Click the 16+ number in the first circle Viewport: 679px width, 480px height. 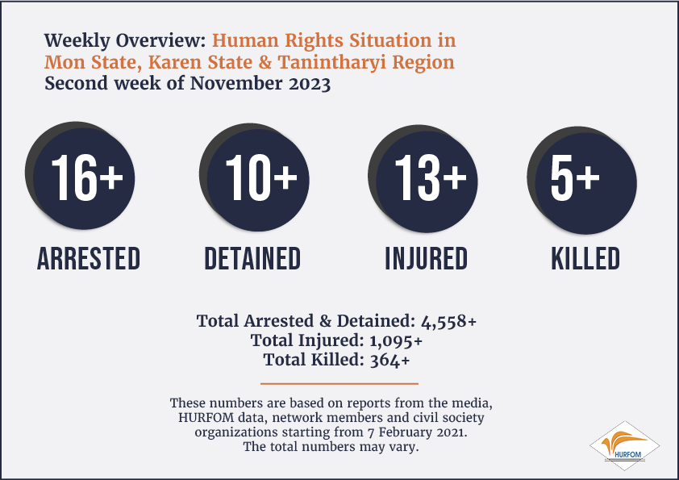pyautogui.click(x=87, y=177)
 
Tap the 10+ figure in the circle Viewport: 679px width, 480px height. pyautogui.click(x=261, y=177)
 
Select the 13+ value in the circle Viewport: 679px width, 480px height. pyautogui.click(x=431, y=177)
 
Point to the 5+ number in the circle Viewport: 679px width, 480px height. pyautogui.click(x=575, y=177)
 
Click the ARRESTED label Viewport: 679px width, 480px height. pyautogui.click(x=89, y=259)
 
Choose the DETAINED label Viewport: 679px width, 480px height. pyautogui.click(x=252, y=259)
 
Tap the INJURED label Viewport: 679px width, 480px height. pyautogui.click(x=427, y=259)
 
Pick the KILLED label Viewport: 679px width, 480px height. pyautogui.click(x=585, y=259)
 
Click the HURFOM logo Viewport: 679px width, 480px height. pyautogui.click(x=624, y=446)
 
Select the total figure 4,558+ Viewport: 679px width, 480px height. pyautogui.click(x=448, y=321)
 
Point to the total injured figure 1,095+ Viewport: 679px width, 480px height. pyautogui.click(x=396, y=341)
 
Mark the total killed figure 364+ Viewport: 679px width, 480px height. pyautogui.click(x=389, y=360)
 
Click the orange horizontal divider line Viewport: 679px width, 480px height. pyautogui.click(x=339, y=383)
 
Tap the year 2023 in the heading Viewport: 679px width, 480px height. pyautogui.click(x=310, y=84)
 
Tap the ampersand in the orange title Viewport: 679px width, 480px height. pyautogui.click(x=265, y=62)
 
